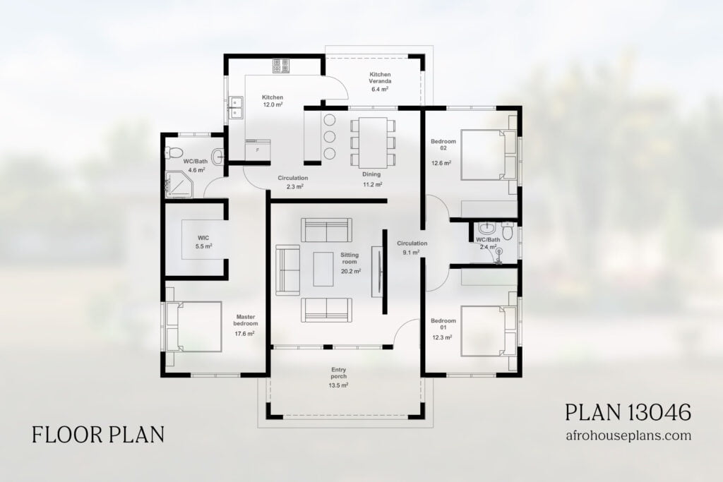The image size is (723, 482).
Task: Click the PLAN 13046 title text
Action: coord(628,412)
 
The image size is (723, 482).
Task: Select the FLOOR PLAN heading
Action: coord(98,434)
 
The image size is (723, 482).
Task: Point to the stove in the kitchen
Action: coord(281,66)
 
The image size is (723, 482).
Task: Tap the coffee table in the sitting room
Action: coord(324,269)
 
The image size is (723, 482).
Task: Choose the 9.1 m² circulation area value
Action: coord(411,252)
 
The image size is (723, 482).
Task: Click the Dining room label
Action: coord(371,174)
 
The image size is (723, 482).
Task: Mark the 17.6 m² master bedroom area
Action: coord(246,334)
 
